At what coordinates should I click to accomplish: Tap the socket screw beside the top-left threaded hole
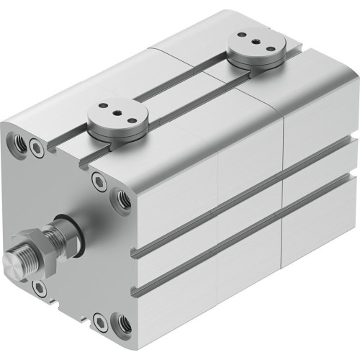(x=37, y=149)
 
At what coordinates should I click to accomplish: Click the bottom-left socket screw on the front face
(x=42, y=287)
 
